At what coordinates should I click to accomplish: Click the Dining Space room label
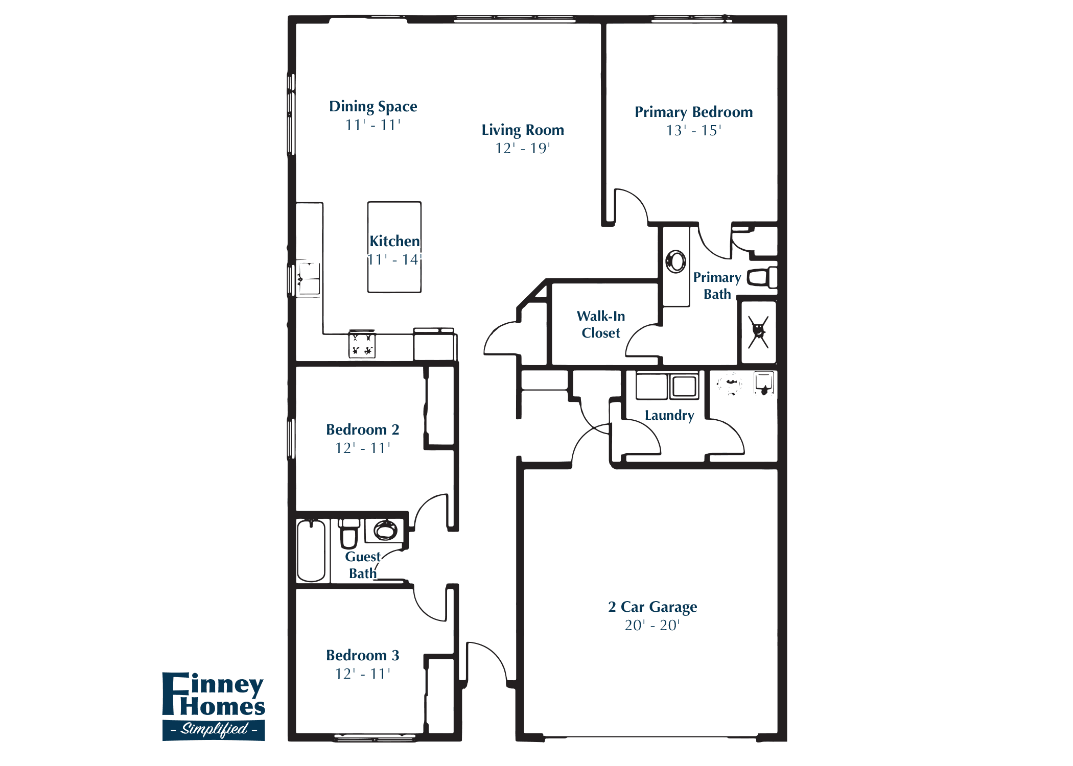tap(373, 107)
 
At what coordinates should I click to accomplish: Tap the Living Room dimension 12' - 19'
tap(522, 149)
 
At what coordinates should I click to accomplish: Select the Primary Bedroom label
tap(693, 112)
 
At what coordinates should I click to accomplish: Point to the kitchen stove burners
tap(362, 345)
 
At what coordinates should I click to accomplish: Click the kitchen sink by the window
tap(308, 279)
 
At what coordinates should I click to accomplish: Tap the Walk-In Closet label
tap(600, 324)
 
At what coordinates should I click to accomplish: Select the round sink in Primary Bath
tap(676, 261)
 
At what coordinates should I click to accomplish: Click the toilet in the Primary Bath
tap(761, 278)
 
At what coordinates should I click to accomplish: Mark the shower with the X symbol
tap(759, 332)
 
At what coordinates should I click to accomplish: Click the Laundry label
tap(669, 415)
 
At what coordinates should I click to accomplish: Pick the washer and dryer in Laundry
tap(667, 386)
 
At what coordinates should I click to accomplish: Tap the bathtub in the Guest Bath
tap(311, 550)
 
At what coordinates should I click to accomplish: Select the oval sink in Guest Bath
tap(385, 531)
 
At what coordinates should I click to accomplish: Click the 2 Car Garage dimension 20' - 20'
tap(652, 626)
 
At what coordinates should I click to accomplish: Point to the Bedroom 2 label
tap(363, 430)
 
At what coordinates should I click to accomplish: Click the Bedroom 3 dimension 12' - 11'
tap(363, 674)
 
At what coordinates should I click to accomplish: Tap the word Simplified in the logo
tap(214, 729)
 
